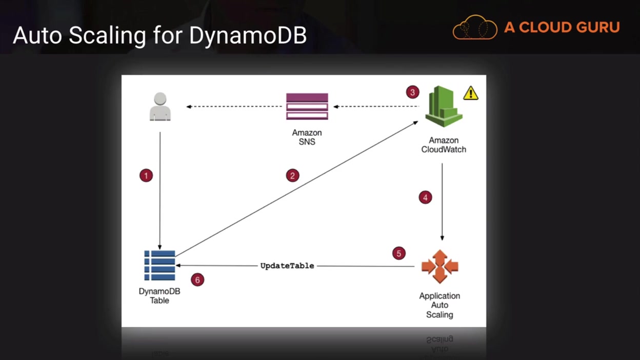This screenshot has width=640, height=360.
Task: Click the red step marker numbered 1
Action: [146, 175]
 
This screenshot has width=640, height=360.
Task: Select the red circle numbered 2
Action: [293, 175]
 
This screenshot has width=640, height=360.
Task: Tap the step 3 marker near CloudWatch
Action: [413, 92]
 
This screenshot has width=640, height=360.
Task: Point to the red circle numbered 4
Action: [425, 197]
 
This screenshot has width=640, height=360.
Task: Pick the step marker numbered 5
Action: [399, 253]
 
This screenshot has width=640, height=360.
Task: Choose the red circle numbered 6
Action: [197, 279]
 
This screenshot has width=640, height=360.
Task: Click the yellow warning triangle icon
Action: [471, 93]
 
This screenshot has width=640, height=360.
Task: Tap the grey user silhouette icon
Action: [160, 107]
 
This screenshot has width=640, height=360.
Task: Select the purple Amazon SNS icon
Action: [307, 106]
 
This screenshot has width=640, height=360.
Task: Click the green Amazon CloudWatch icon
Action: [444, 106]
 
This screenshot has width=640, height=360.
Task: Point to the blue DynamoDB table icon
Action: [159, 266]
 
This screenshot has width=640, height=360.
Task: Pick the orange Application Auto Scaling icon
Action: [439, 267]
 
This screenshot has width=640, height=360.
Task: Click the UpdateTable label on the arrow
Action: [287, 266]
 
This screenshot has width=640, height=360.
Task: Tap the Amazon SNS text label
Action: [307, 137]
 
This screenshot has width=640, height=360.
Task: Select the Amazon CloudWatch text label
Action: [444, 145]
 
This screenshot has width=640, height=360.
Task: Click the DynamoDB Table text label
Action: [159, 296]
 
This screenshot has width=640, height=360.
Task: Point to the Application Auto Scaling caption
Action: [439, 305]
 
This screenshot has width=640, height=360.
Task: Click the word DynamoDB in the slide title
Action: [248, 36]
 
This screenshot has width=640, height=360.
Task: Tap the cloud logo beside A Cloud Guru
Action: [475, 27]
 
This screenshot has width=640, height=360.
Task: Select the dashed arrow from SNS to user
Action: [234, 107]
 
